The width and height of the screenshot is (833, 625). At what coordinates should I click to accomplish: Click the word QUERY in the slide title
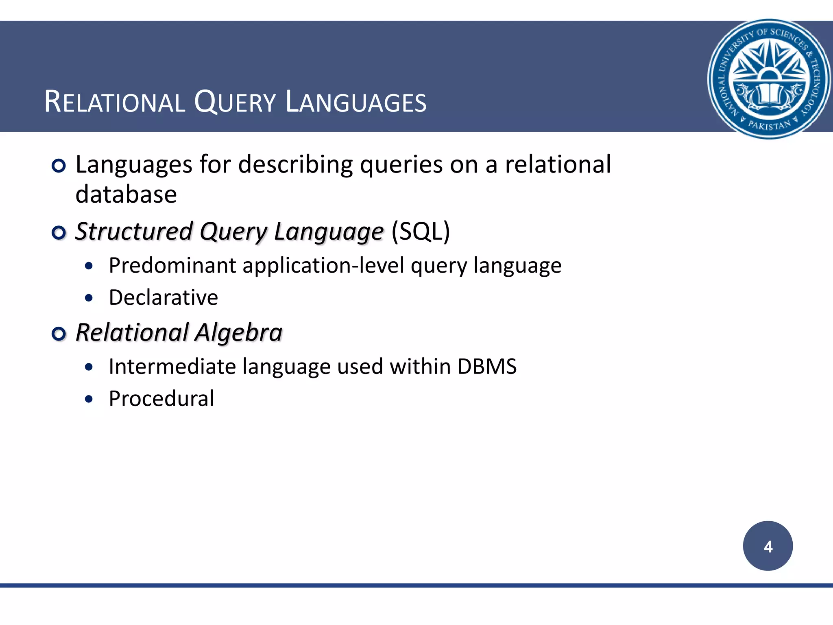point(235,102)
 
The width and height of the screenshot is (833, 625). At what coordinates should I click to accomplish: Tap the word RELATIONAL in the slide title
point(115,102)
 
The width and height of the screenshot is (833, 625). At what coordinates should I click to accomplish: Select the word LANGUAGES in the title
point(356,102)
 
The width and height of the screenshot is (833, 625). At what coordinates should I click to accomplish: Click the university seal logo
point(768,79)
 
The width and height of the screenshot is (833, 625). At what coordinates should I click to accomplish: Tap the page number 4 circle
point(768,546)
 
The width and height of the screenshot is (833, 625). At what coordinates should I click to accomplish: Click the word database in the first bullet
point(126,194)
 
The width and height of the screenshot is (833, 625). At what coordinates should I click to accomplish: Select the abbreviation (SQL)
point(421,232)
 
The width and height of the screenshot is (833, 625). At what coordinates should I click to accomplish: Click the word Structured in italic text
point(134,232)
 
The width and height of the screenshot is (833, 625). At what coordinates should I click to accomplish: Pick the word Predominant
point(172,266)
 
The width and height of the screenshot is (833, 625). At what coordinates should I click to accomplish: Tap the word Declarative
point(164,297)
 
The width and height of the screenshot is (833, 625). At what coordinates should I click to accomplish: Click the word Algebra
point(238,332)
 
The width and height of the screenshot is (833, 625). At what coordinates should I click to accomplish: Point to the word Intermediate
point(172,367)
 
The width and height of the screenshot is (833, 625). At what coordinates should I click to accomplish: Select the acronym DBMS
point(487,367)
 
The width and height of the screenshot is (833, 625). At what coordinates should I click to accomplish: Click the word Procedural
point(161,399)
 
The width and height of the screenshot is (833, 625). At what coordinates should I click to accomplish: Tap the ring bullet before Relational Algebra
point(59,334)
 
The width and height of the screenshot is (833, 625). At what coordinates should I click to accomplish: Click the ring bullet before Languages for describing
point(59,166)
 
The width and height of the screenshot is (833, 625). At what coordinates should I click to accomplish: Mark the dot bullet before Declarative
point(89,298)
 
